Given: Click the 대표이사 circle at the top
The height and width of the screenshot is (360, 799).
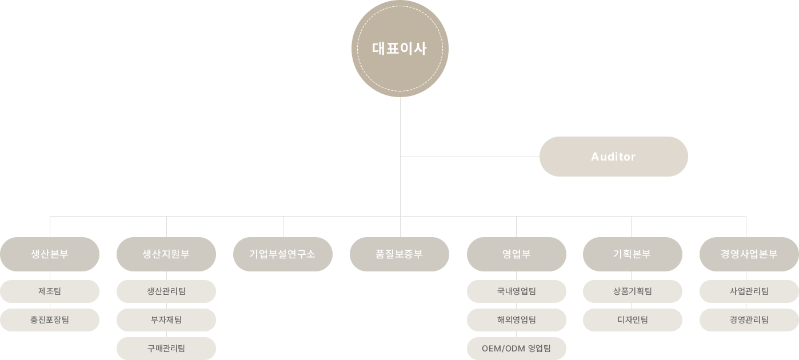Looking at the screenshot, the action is pos(400,49).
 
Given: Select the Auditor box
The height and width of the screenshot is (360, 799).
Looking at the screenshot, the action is pos(613,157).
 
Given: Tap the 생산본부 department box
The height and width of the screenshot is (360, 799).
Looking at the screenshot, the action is pos(50,254).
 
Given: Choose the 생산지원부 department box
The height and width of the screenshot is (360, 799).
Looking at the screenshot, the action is pos(166,254).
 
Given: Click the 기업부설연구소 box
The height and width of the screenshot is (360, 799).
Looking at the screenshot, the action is pos(283,254).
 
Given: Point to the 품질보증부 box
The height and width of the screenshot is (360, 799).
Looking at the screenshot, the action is pos(399,254).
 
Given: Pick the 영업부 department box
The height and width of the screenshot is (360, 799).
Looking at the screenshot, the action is pos(517,254).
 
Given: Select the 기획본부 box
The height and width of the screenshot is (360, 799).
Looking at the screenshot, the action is pos(633,254).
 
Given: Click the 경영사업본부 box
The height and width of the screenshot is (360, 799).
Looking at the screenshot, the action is pos(749,254).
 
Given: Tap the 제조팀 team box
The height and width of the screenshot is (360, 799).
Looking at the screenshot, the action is pos(50,291).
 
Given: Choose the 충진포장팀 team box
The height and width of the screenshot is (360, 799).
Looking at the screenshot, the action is pos(50,320).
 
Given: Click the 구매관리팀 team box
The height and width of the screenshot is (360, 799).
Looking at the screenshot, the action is pos(166,349).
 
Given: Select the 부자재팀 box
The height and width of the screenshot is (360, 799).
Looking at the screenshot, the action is pos(166,320).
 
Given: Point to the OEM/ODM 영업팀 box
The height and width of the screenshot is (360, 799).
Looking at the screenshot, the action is pos(517,349).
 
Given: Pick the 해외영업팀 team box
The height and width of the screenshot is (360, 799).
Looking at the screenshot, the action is pos(517,320).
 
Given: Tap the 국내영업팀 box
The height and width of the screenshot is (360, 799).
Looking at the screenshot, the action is pos(517,291).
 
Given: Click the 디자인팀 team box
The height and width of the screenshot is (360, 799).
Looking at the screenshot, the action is pos(633,320).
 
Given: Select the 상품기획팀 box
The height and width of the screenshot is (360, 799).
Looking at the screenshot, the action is pos(633,291).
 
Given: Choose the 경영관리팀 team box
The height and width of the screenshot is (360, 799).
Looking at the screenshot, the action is pos(749,320).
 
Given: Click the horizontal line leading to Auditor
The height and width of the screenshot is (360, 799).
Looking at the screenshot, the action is pos(470,157).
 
